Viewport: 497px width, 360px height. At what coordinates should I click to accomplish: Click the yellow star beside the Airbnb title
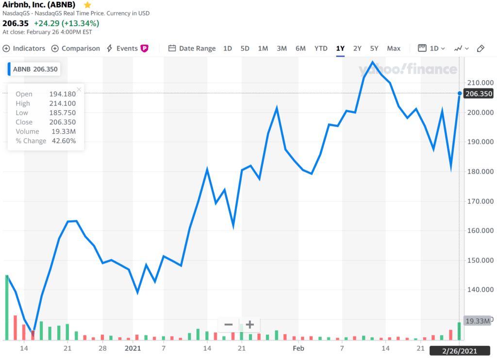click(x=87, y=5)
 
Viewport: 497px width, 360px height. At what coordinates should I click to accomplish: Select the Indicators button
click(x=24, y=49)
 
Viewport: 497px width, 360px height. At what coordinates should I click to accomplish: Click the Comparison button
click(x=76, y=49)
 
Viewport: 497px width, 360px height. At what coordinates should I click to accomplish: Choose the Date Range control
click(x=192, y=49)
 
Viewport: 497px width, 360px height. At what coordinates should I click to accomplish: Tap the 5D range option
click(x=245, y=49)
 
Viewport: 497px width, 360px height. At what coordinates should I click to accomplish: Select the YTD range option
click(x=321, y=49)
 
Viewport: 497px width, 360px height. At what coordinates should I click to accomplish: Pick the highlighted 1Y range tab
click(x=340, y=49)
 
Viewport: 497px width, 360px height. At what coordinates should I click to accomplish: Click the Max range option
click(x=394, y=49)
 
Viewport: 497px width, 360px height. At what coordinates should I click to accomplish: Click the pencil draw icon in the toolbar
click(x=480, y=49)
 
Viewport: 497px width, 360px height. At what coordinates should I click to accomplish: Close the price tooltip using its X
click(x=79, y=89)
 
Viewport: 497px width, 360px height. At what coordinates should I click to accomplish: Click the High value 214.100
click(x=63, y=103)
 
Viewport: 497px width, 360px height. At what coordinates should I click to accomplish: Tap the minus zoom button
click(x=228, y=325)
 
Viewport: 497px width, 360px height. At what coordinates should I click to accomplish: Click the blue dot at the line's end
click(x=460, y=93)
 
